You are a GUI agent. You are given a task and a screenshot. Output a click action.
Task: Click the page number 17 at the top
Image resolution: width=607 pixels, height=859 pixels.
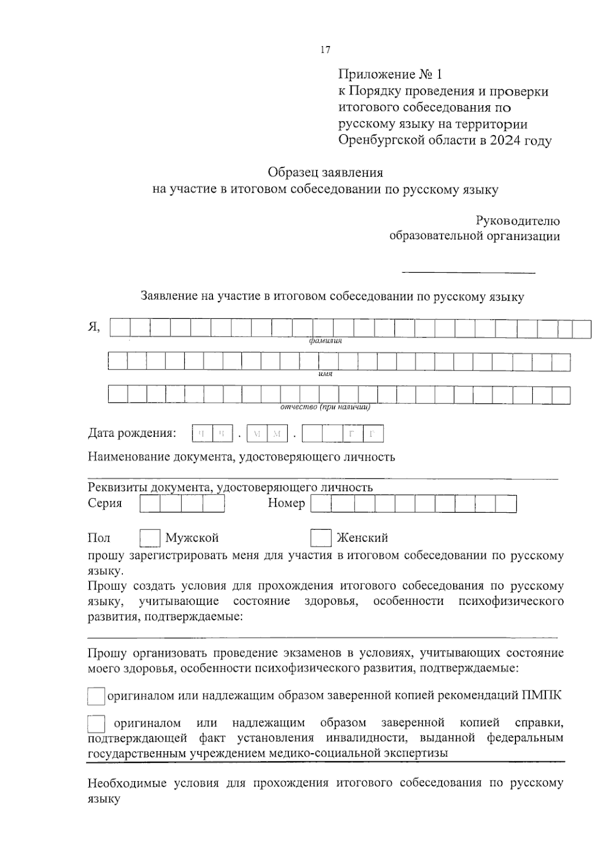pos(325,50)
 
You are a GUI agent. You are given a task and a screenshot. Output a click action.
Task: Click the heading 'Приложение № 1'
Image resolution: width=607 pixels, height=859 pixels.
pos(390,75)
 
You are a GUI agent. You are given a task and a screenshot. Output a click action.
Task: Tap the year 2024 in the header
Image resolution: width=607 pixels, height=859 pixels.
pos(505,141)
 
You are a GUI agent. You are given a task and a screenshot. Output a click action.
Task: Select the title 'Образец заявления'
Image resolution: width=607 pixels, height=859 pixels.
pos(325,173)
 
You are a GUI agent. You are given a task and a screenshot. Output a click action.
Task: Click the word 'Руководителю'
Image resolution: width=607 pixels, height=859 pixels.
pos(517,221)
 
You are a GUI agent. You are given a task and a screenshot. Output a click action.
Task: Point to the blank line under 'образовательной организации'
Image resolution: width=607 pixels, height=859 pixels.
pos(468,273)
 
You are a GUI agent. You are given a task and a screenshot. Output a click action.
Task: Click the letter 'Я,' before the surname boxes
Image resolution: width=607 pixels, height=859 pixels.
pos(94,328)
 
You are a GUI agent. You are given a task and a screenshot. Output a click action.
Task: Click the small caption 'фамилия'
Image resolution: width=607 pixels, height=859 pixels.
pos(325,341)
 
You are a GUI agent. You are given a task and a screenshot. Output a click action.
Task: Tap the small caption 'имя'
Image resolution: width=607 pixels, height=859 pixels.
pos(325,374)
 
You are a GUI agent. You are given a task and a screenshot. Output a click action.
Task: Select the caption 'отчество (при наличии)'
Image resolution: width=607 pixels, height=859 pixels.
pos(325,407)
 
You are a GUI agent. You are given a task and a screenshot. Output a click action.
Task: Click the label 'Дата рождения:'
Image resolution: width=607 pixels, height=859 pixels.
pos(132,433)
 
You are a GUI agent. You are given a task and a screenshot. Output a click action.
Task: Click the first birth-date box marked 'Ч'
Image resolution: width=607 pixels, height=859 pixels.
pos(202,434)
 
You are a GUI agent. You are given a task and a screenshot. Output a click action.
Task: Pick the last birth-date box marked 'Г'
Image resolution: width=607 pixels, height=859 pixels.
pos(373,434)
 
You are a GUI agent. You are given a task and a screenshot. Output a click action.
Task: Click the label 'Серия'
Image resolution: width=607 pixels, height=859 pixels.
pos(105,503)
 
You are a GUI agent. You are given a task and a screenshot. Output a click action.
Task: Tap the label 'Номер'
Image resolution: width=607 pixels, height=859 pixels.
pos(286,503)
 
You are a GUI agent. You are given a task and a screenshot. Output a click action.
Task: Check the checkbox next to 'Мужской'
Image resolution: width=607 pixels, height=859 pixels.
pos(150,538)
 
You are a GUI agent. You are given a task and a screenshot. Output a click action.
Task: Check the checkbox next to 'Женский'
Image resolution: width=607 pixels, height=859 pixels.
pos(321,538)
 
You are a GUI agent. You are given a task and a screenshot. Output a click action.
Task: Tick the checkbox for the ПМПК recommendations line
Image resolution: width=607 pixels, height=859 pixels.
pos(96,697)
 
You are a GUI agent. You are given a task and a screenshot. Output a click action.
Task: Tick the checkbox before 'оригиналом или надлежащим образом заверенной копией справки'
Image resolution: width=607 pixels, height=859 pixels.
pos(96,724)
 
